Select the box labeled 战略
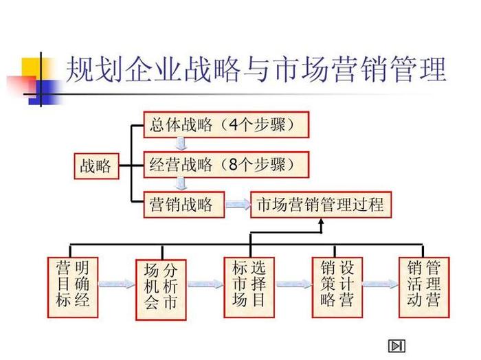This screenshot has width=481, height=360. click(95, 166)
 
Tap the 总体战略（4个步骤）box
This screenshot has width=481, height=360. click(226, 126)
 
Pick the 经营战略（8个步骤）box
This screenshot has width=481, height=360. click(226, 165)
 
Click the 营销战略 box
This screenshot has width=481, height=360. click(182, 205)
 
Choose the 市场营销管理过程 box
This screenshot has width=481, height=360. click(320, 205)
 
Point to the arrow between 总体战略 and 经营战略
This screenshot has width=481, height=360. click(181, 145)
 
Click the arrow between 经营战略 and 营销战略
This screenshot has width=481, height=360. click(181, 184)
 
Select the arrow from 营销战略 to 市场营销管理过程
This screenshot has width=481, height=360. click(236, 205)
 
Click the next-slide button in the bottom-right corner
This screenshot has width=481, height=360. click(396, 346)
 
